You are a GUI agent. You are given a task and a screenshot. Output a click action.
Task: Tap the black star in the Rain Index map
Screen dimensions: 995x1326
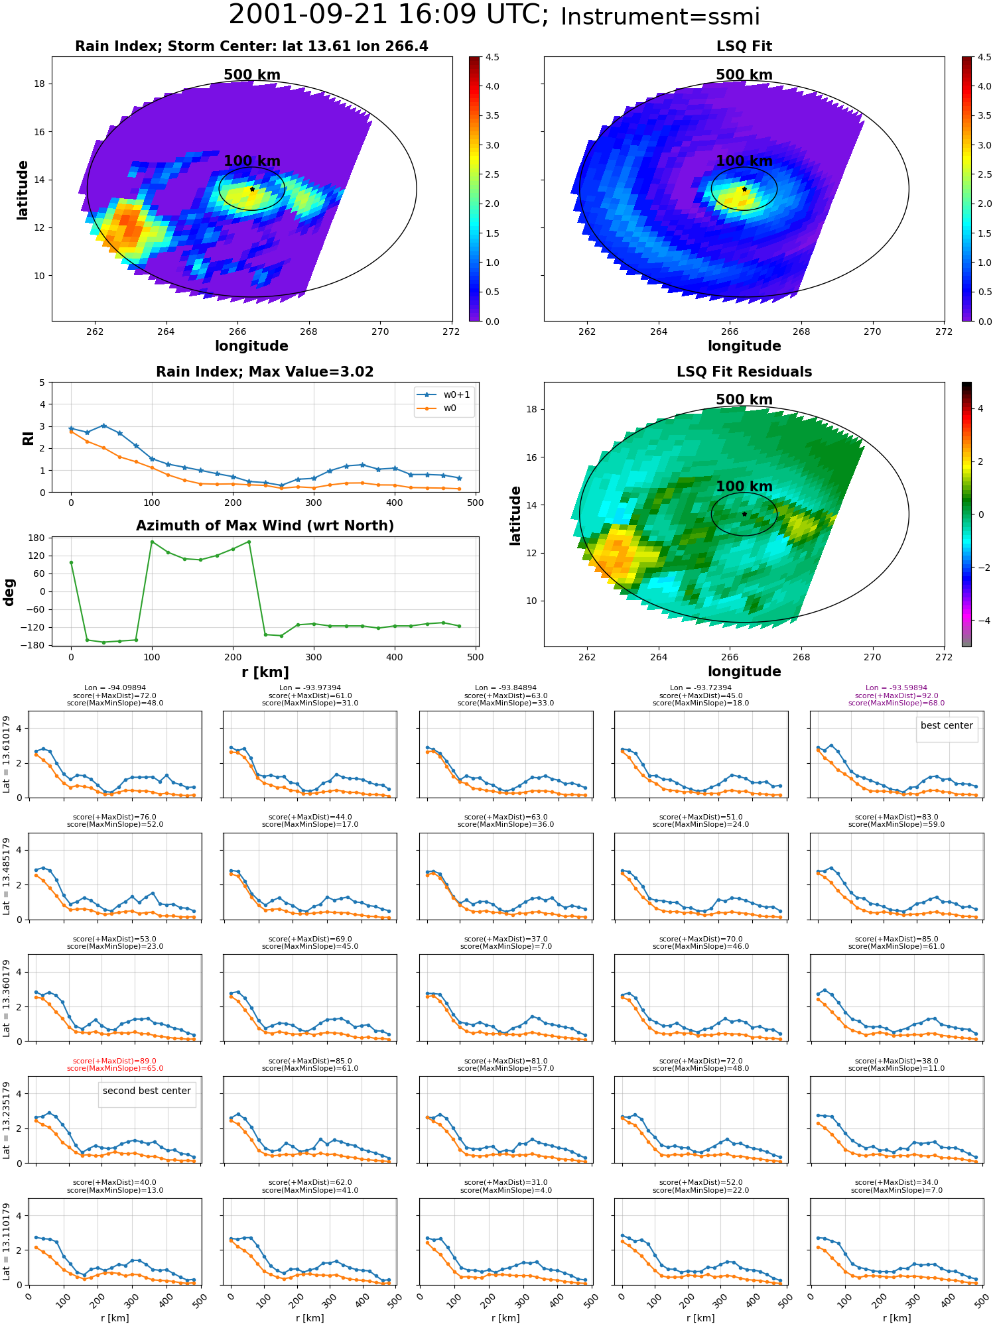pos(252,189)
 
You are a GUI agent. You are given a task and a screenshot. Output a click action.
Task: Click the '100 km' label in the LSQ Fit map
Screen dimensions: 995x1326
pos(744,161)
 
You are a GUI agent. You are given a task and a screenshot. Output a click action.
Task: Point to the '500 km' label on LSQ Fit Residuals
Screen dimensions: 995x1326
pos(744,400)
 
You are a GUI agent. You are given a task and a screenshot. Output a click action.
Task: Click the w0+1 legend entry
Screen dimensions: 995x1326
pos(444,395)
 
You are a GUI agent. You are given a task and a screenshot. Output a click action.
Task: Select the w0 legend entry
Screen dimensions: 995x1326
pos(437,408)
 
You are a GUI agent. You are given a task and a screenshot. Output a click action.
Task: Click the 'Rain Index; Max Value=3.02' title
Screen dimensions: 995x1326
pos(265,372)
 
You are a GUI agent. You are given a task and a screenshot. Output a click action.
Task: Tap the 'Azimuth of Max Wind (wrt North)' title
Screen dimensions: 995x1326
pos(265,526)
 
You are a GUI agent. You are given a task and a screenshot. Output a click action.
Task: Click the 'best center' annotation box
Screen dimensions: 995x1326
pos(947,726)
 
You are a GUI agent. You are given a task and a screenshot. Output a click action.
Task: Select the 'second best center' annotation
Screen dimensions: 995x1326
pos(147,1091)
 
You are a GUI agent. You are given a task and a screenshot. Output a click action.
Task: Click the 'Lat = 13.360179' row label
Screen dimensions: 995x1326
pos(7,998)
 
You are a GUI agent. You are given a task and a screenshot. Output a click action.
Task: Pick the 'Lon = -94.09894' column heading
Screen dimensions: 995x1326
pos(115,688)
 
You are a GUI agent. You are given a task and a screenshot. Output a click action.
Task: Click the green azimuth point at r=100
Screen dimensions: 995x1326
pos(152,542)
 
